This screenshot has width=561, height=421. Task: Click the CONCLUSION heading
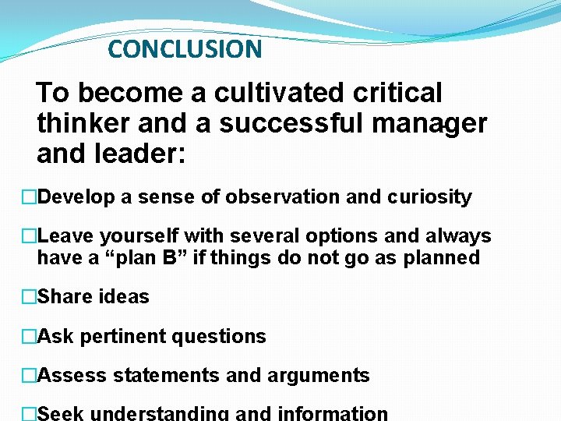185,49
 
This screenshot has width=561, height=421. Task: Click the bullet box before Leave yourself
30,236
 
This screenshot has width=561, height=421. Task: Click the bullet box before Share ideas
30,297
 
